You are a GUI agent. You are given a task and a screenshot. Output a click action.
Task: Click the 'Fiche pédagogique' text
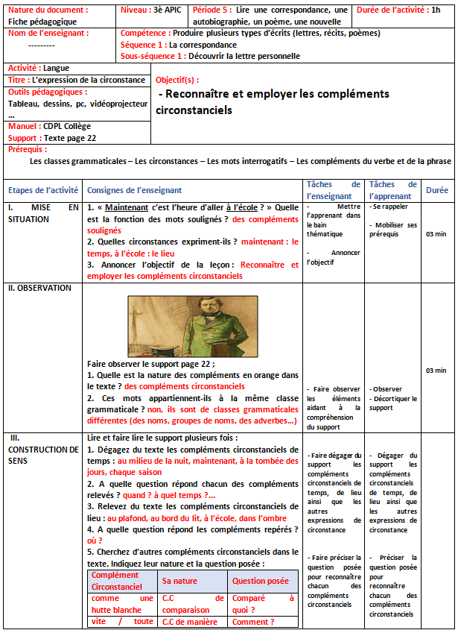click(36, 22)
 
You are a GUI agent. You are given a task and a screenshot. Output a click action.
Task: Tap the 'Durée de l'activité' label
click(391, 10)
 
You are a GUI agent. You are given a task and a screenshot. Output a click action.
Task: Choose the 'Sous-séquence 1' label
click(153, 56)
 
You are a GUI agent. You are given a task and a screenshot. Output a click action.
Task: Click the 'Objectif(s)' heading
click(177, 80)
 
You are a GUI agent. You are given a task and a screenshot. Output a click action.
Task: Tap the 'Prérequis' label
click(27, 149)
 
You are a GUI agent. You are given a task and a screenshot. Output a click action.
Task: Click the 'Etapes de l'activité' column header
click(42, 190)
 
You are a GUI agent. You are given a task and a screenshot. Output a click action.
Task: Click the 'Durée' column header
click(437, 190)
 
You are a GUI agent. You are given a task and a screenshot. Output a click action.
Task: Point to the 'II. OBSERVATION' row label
click(39, 288)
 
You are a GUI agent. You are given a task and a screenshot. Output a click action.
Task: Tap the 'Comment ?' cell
click(253, 622)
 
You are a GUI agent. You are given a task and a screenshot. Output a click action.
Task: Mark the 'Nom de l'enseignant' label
click(48, 34)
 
